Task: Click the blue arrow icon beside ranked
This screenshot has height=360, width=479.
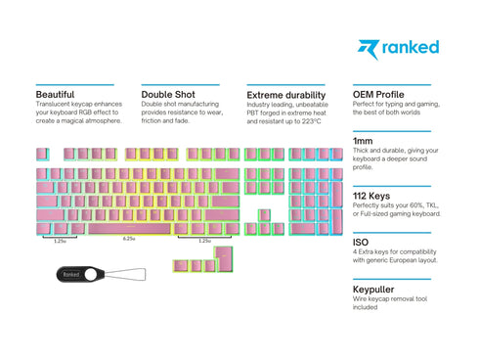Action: [368, 47]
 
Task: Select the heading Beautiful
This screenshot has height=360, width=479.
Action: [56, 95]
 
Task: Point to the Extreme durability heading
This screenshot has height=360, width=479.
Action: [286, 95]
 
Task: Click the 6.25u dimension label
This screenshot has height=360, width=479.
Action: [129, 239]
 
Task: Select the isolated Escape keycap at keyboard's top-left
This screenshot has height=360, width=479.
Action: [42, 154]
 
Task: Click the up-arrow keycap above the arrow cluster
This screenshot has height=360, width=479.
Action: [265, 214]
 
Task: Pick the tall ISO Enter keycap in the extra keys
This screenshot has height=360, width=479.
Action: [225, 258]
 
